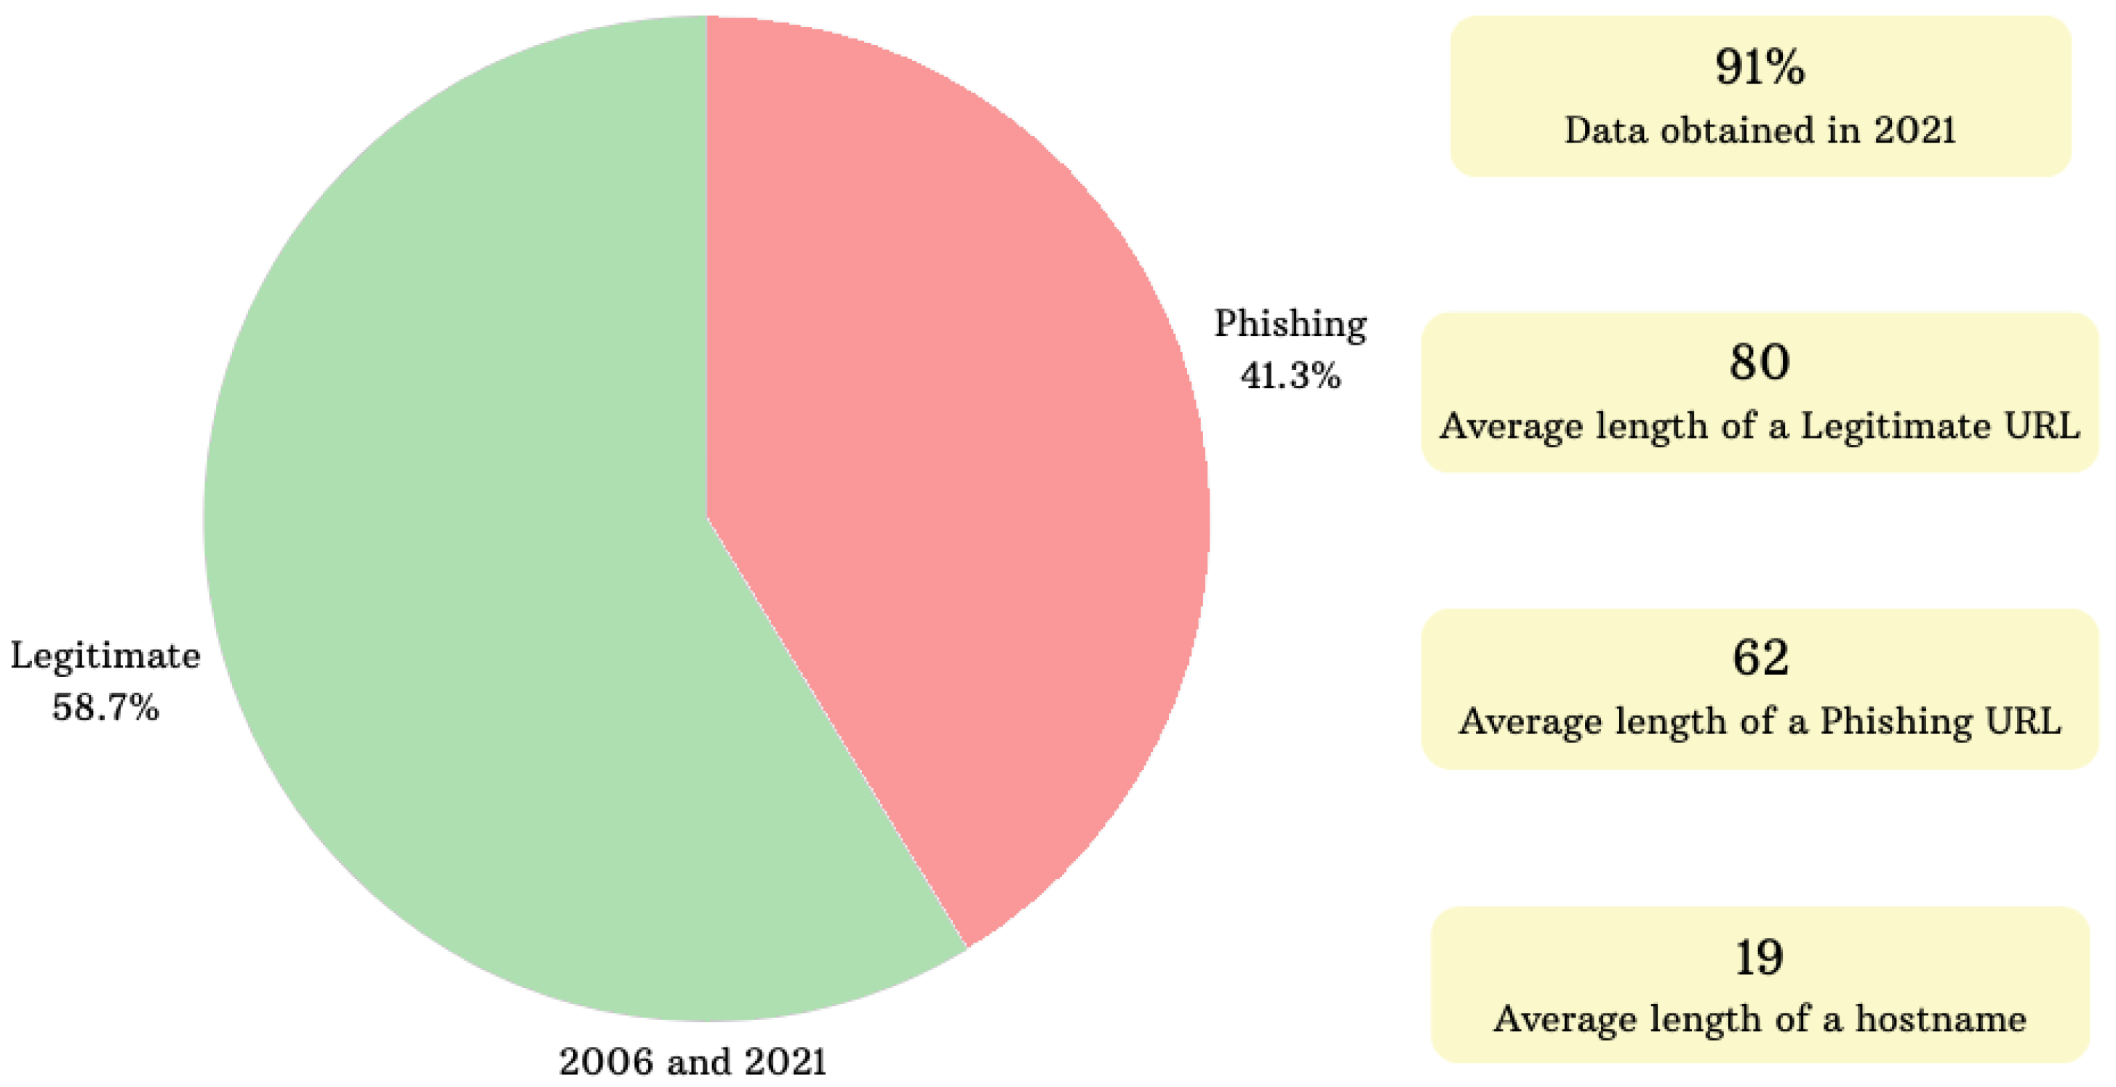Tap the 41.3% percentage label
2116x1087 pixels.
pyautogui.click(x=1290, y=376)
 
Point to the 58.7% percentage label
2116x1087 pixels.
pyautogui.click(x=105, y=707)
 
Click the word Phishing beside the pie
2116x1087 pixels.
pyautogui.click(x=1290, y=324)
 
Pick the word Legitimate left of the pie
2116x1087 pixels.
pyautogui.click(x=105, y=656)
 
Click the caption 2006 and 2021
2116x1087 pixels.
pyautogui.click(x=692, y=1061)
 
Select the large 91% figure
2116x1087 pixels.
pyautogui.click(x=1760, y=68)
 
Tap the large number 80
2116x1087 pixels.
pyautogui.click(x=1759, y=362)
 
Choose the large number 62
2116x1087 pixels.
pyautogui.click(x=1760, y=657)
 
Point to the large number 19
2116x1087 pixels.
pyautogui.click(x=1759, y=958)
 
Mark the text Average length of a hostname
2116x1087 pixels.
pyautogui.click(x=1760, y=1019)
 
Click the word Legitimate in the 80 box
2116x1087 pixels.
pyautogui.click(x=1895, y=426)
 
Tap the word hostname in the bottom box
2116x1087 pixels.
pyautogui.click(x=1940, y=1019)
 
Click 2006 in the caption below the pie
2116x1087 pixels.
pyautogui.click(x=607, y=1061)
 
